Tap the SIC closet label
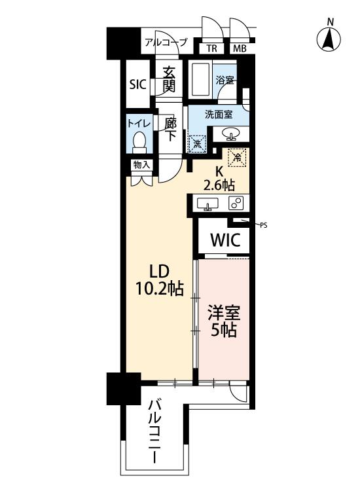138,84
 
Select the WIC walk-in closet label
225,240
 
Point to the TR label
211,48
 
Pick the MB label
240,48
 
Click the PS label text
264,225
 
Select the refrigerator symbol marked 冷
238,156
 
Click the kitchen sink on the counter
207,204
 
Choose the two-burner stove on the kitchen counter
236,203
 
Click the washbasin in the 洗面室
231,134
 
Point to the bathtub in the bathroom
200,79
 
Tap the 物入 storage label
141,165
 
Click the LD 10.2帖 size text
159,280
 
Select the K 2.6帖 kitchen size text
219,179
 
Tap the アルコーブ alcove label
166,43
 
